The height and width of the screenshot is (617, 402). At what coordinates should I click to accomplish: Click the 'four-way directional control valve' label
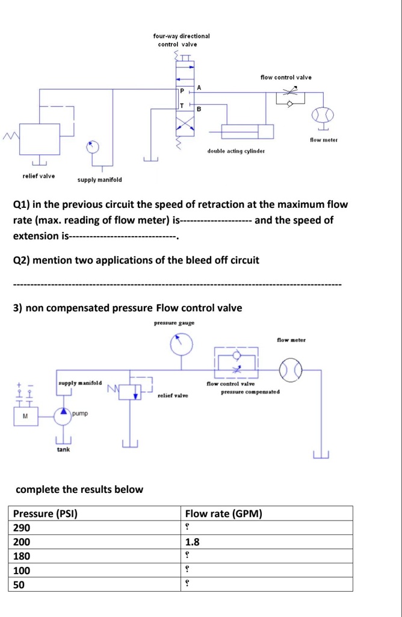pyautogui.click(x=181, y=40)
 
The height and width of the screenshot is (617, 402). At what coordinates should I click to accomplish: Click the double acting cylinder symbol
pyautogui.click(x=247, y=131)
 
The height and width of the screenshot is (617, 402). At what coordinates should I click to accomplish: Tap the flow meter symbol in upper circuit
pyautogui.click(x=323, y=116)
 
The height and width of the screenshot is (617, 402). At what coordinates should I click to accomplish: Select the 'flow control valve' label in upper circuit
pyautogui.click(x=286, y=77)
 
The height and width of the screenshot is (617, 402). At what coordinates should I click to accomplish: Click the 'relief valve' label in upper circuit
pyautogui.click(x=39, y=176)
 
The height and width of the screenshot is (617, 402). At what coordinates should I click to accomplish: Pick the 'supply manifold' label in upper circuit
pyautogui.click(x=99, y=180)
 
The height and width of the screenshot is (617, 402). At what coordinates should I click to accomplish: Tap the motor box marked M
pyautogui.click(x=25, y=416)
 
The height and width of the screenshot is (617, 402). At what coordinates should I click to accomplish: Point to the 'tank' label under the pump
pyautogui.click(x=63, y=449)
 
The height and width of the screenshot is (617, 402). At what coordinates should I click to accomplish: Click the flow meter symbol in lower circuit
pyautogui.click(x=291, y=366)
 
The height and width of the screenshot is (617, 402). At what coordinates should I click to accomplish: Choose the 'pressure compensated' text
pyautogui.click(x=250, y=392)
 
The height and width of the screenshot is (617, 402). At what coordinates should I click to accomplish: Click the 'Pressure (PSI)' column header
pyautogui.click(x=46, y=514)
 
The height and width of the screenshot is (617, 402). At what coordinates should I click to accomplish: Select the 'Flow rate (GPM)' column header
pyautogui.click(x=223, y=514)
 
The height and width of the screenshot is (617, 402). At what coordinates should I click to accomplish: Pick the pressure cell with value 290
pyautogui.click(x=21, y=528)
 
